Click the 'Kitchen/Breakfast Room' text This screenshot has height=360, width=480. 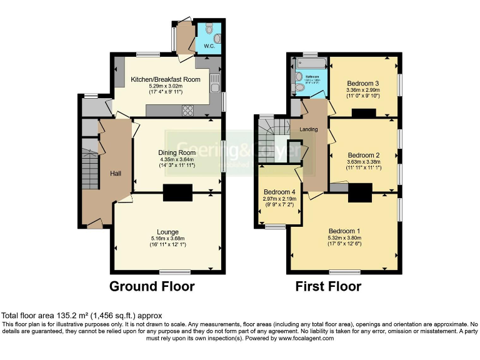tap(165, 79)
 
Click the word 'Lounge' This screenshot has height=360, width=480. tap(168, 232)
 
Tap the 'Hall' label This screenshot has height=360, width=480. tap(116, 173)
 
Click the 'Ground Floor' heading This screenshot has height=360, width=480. tap(152, 287)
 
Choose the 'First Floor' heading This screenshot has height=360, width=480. tap(328, 287)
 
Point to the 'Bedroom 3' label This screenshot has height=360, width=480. tap(363, 83)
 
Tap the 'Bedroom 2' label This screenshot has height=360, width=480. tap(364, 155)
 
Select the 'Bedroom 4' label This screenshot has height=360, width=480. tap(276, 192)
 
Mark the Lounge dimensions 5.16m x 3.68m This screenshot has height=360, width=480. tap(168, 239)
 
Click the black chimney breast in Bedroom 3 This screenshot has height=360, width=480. tap(363, 112)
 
